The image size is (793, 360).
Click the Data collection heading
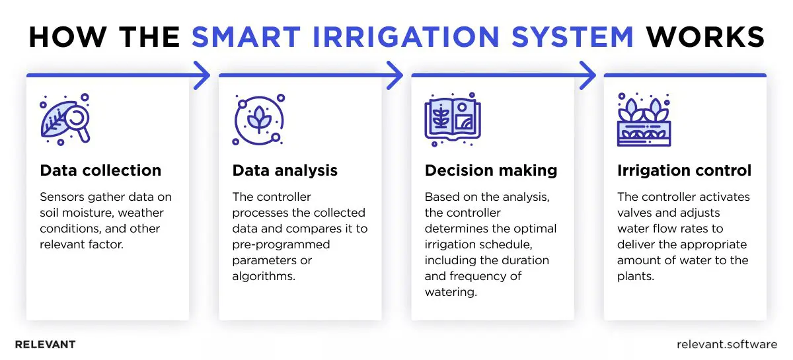click(100, 170)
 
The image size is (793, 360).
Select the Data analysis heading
click(285, 170)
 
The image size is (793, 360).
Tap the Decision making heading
click(491, 170)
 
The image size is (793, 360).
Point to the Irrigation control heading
click(684, 170)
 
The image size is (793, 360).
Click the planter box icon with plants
click(643, 120)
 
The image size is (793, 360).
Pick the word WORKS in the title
click(705, 38)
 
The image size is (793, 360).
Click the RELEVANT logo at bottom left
click(45, 344)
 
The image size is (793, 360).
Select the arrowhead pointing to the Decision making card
click(395, 75)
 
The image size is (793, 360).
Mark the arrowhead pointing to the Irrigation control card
click(587, 75)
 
